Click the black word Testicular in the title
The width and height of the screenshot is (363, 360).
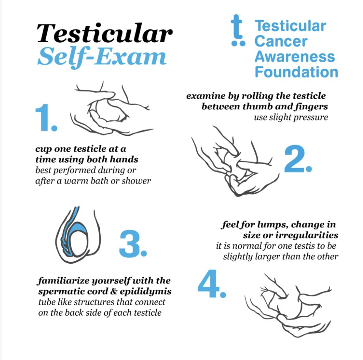pyautogui.click(x=105, y=33)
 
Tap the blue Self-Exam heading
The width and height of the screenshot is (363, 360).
pyautogui.click(x=102, y=56)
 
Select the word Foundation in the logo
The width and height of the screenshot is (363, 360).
pyautogui.click(x=296, y=72)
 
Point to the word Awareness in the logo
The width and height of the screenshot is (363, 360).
pyautogui.click(x=295, y=57)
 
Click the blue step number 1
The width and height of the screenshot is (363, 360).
pyautogui.click(x=46, y=118)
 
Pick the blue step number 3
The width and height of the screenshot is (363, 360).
pyautogui.click(x=133, y=244)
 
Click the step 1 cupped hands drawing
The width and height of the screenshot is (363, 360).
pyautogui.click(x=111, y=109)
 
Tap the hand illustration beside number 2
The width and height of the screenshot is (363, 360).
pyautogui.click(x=235, y=161)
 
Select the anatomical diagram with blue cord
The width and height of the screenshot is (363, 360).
pyautogui.click(x=78, y=234)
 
